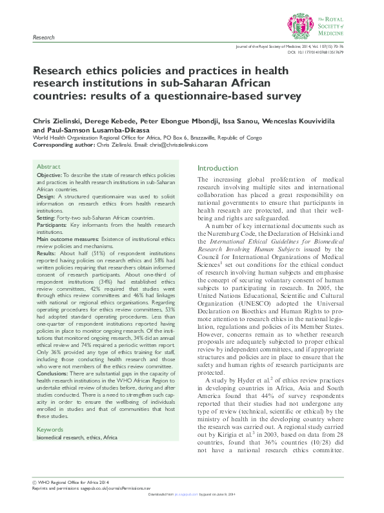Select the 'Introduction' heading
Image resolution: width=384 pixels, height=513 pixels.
[217, 167]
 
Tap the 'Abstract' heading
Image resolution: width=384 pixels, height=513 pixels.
[49, 166]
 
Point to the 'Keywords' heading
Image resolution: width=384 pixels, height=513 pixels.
[50, 429]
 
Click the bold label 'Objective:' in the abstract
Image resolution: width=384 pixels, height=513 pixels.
[50, 176]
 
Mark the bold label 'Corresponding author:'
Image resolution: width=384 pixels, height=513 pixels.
[61, 144]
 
